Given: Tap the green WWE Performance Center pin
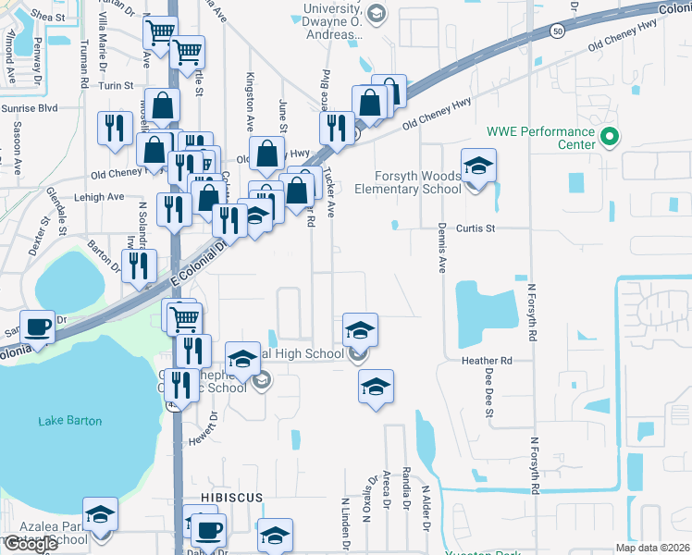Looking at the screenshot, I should click(x=609, y=139).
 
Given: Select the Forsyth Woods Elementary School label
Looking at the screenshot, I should click(x=418, y=182).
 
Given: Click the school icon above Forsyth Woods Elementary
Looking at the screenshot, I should click(x=478, y=166).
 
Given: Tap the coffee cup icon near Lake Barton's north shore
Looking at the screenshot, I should click(x=37, y=327).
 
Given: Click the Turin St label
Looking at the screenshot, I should click(x=117, y=85).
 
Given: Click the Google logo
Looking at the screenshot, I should click(x=31, y=544).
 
